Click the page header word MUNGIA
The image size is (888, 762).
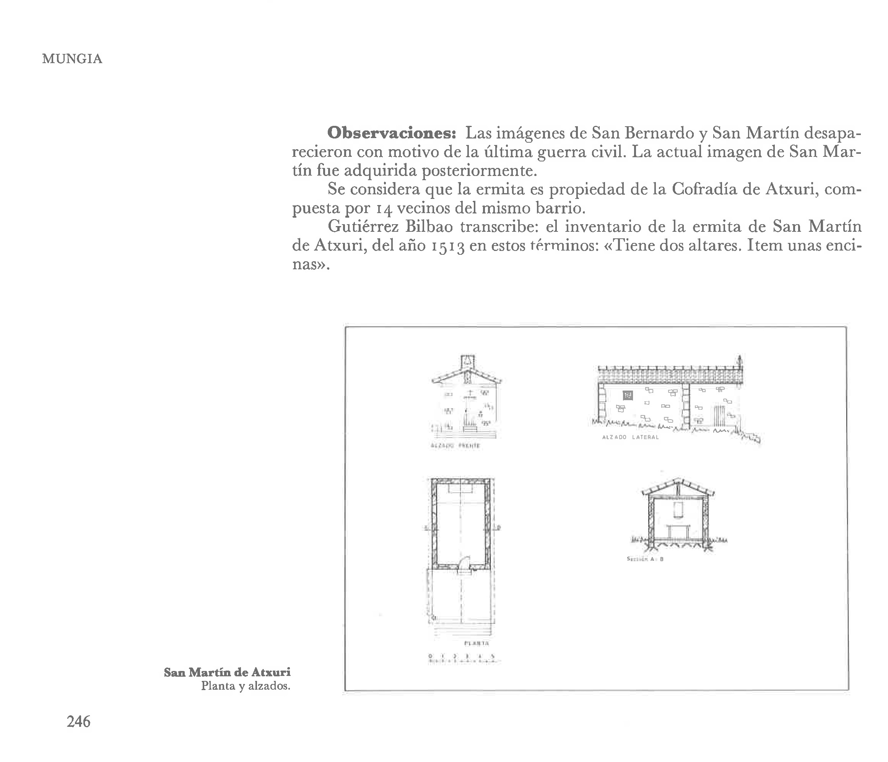pos(72,59)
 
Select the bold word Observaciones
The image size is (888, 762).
pos(391,133)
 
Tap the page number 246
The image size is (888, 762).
pos(78,721)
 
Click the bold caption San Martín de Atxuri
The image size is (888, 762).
pos(227,672)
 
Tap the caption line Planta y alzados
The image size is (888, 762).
pos(246,686)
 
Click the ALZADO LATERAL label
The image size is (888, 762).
pos(630,437)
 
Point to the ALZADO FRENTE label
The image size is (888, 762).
pos(455,446)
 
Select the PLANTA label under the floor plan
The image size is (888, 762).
pos(477,643)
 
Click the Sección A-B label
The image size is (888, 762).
pos(645,559)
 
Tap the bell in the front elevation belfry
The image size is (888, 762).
pos(468,362)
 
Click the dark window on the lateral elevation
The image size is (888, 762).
pos(628,395)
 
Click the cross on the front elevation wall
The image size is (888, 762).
pos(470,392)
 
